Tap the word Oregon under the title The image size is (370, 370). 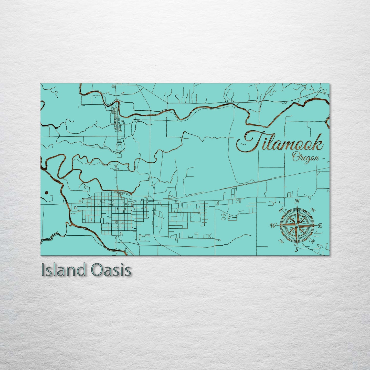[305, 157]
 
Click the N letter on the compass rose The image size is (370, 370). [297, 201]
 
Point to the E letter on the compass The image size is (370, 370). [320, 225]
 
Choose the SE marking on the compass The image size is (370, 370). [313, 241]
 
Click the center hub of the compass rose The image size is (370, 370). [297, 225]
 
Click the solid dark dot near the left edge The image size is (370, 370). [46, 193]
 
